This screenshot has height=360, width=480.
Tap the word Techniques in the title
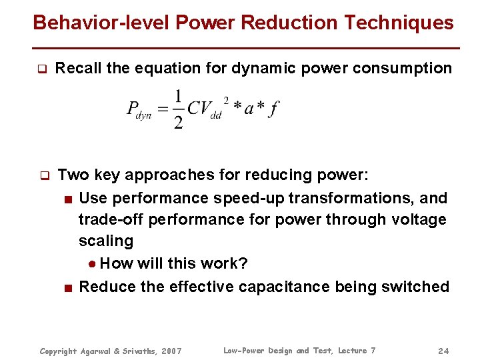point(399,23)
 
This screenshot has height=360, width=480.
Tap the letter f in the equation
point(273,109)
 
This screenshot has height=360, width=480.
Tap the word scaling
point(105,241)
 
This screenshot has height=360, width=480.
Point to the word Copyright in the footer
point(59,351)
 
